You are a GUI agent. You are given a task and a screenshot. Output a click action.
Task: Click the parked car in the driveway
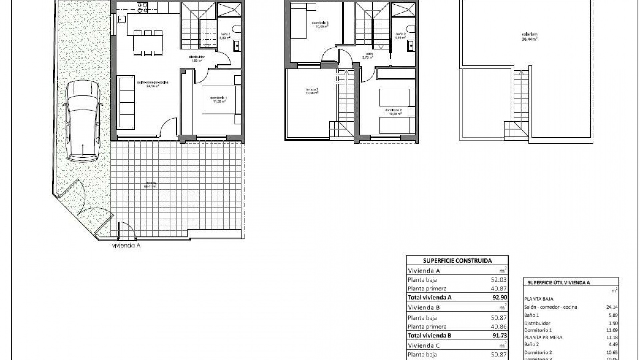[82, 122]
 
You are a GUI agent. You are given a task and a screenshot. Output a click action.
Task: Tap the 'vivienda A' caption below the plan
[126, 246]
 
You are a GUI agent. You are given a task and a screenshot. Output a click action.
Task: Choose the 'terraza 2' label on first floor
[312, 91]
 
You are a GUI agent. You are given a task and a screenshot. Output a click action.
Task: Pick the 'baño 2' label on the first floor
[401, 36]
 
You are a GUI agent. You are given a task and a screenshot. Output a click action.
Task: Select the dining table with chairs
[148, 43]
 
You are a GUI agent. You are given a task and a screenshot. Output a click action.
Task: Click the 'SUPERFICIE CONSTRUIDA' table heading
[457, 261]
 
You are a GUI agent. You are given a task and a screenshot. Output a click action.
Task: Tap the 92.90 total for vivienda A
[500, 297]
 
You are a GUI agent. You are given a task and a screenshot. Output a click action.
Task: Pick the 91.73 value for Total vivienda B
[500, 335]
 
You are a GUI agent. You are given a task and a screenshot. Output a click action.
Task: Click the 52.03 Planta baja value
[499, 280]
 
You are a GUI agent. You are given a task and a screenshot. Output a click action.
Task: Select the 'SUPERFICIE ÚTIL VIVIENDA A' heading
[559, 283]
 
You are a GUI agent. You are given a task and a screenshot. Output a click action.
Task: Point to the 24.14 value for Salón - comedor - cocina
[612, 307]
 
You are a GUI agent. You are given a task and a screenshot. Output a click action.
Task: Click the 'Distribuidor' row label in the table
[537, 323]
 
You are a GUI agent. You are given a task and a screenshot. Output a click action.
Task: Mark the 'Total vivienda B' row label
[429, 335]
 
